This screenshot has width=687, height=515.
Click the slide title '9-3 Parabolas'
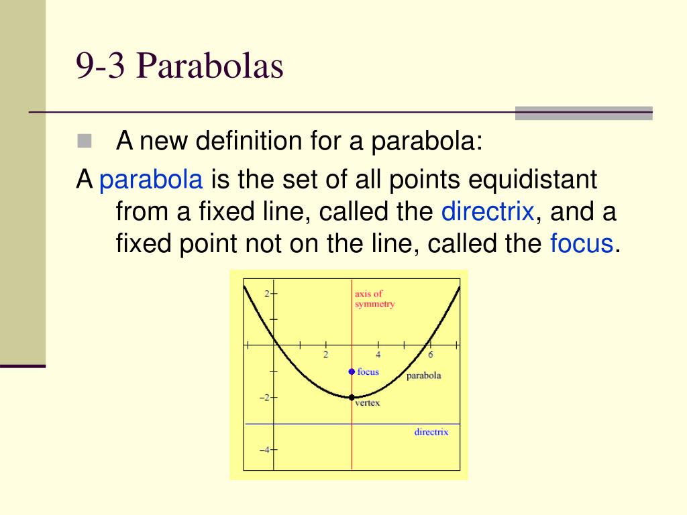180,66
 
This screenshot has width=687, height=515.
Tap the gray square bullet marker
85,141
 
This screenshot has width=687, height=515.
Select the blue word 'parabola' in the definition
151,180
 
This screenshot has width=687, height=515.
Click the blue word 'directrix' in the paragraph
488,211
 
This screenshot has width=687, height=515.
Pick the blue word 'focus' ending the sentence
582,243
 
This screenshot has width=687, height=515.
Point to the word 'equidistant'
532,180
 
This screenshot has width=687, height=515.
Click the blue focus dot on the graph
352,371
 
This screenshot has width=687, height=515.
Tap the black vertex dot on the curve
352,398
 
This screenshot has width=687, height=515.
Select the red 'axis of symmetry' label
374,298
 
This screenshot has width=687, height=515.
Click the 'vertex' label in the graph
367,403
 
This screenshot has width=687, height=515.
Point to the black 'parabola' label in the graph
424,376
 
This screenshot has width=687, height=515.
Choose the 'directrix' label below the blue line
431,432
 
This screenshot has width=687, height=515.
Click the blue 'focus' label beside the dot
368,371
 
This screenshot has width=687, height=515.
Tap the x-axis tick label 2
325,355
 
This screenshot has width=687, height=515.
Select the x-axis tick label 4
378,355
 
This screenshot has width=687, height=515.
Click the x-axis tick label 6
430,355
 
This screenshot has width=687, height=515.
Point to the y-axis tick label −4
264,450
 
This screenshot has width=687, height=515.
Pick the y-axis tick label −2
264,398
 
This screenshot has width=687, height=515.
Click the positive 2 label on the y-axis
267,294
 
